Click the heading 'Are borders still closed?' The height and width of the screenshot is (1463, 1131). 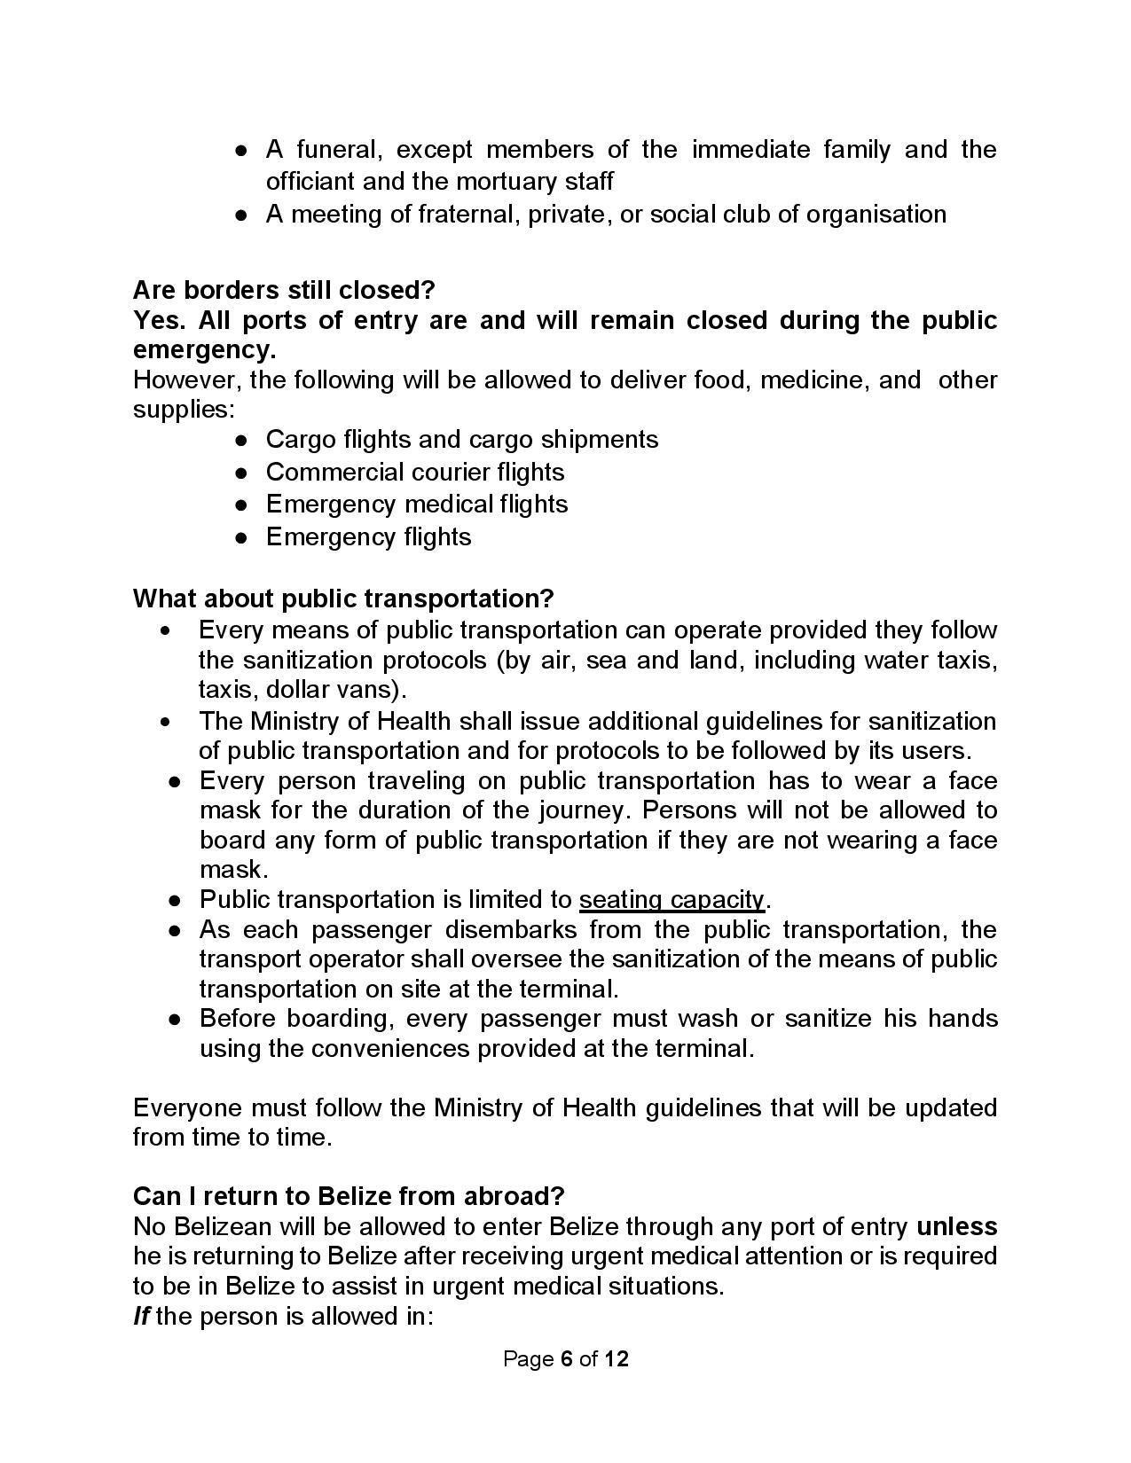[x=284, y=290]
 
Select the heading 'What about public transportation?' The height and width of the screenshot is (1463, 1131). [x=343, y=598]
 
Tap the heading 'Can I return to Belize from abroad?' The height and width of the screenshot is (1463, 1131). [x=349, y=1196]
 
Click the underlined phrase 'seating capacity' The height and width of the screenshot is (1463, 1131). [x=672, y=900]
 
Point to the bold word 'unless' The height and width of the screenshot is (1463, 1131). [x=956, y=1226]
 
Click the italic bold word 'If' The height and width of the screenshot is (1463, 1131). [x=140, y=1316]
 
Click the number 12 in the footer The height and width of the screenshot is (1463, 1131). [x=617, y=1359]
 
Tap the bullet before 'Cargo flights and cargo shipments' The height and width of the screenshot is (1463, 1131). [x=240, y=440]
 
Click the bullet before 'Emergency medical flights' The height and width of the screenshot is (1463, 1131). [x=240, y=505]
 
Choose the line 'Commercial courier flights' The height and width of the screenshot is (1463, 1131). [x=415, y=472]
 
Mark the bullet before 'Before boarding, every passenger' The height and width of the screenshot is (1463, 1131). [x=176, y=1019]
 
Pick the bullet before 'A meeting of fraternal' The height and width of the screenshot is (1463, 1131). [x=240, y=215]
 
